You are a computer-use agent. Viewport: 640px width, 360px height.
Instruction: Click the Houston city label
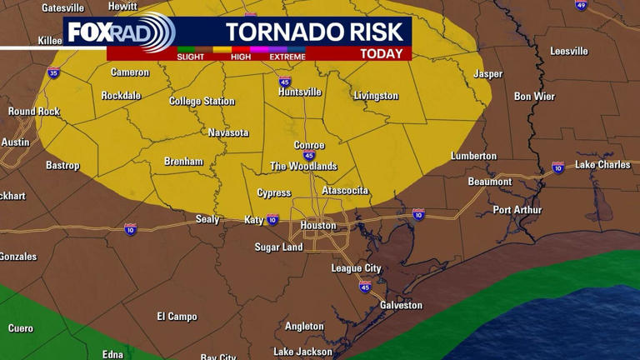point(317,226)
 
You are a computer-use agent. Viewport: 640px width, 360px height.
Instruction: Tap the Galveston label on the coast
point(401,306)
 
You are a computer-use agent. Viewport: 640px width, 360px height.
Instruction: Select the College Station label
point(202,102)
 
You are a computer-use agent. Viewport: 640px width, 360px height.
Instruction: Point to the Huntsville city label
point(300,92)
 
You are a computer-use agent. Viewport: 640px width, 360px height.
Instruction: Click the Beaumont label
point(490,182)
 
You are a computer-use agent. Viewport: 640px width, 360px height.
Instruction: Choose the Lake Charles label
point(602,165)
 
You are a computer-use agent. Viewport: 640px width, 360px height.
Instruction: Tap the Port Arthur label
point(517,210)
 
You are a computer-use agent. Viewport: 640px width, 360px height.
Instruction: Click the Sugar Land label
point(278,247)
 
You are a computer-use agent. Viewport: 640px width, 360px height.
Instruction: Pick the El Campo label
point(177,317)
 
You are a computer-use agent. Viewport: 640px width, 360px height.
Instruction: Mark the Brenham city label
point(183,162)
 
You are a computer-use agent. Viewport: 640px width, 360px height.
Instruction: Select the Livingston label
point(376,96)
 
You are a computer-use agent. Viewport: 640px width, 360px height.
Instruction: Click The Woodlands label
point(303,167)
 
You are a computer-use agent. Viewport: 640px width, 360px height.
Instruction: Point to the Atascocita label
point(345,191)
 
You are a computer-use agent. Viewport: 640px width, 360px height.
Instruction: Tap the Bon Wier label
point(534,97)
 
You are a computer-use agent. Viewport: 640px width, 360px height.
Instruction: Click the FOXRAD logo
point(121,33)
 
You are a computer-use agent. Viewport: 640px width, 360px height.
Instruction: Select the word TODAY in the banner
point(383,54)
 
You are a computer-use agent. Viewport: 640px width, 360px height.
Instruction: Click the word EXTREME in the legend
point(287,57)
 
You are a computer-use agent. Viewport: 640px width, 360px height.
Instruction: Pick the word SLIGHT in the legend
point(192,57)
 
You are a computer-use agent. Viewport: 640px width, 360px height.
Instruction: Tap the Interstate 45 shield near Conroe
point(309,156)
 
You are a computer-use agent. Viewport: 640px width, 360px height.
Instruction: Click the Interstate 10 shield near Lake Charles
point(557,168)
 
